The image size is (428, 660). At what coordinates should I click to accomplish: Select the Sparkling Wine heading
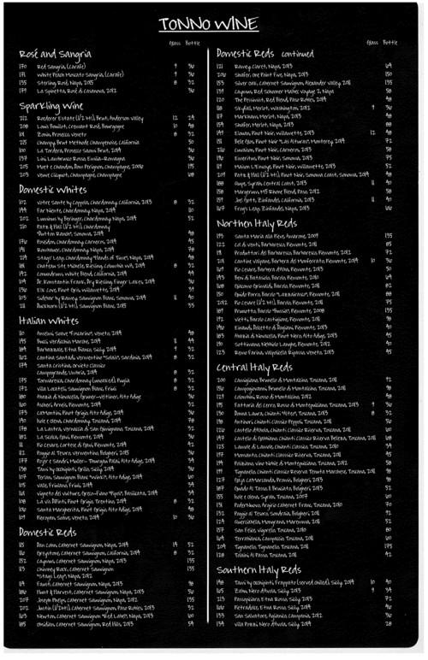click(x=51, y=106)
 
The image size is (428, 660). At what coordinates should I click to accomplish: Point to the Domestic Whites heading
click(x=54, y=189)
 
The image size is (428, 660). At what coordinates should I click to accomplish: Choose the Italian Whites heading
click(x=50, y=321)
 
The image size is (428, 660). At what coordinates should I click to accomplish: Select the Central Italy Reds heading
click(x=254, y=367)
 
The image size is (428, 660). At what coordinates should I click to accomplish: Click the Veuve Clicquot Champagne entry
click(x=98, y=174)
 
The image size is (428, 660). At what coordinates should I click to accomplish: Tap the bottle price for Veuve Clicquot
click(x=190, y=174)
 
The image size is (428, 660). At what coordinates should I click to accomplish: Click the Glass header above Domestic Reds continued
click(x=372, y=42)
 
